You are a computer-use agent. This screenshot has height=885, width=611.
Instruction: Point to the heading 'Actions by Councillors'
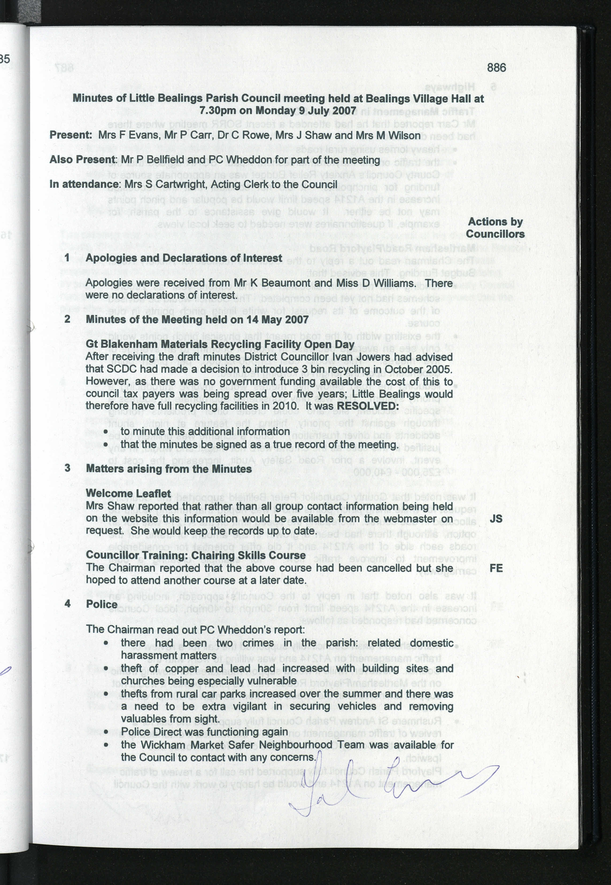[x=495, y=228]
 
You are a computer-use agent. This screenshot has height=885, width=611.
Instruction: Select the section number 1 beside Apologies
[x=67, y=258]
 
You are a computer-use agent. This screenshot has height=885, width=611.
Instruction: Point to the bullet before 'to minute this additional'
[x=106, y=432]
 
